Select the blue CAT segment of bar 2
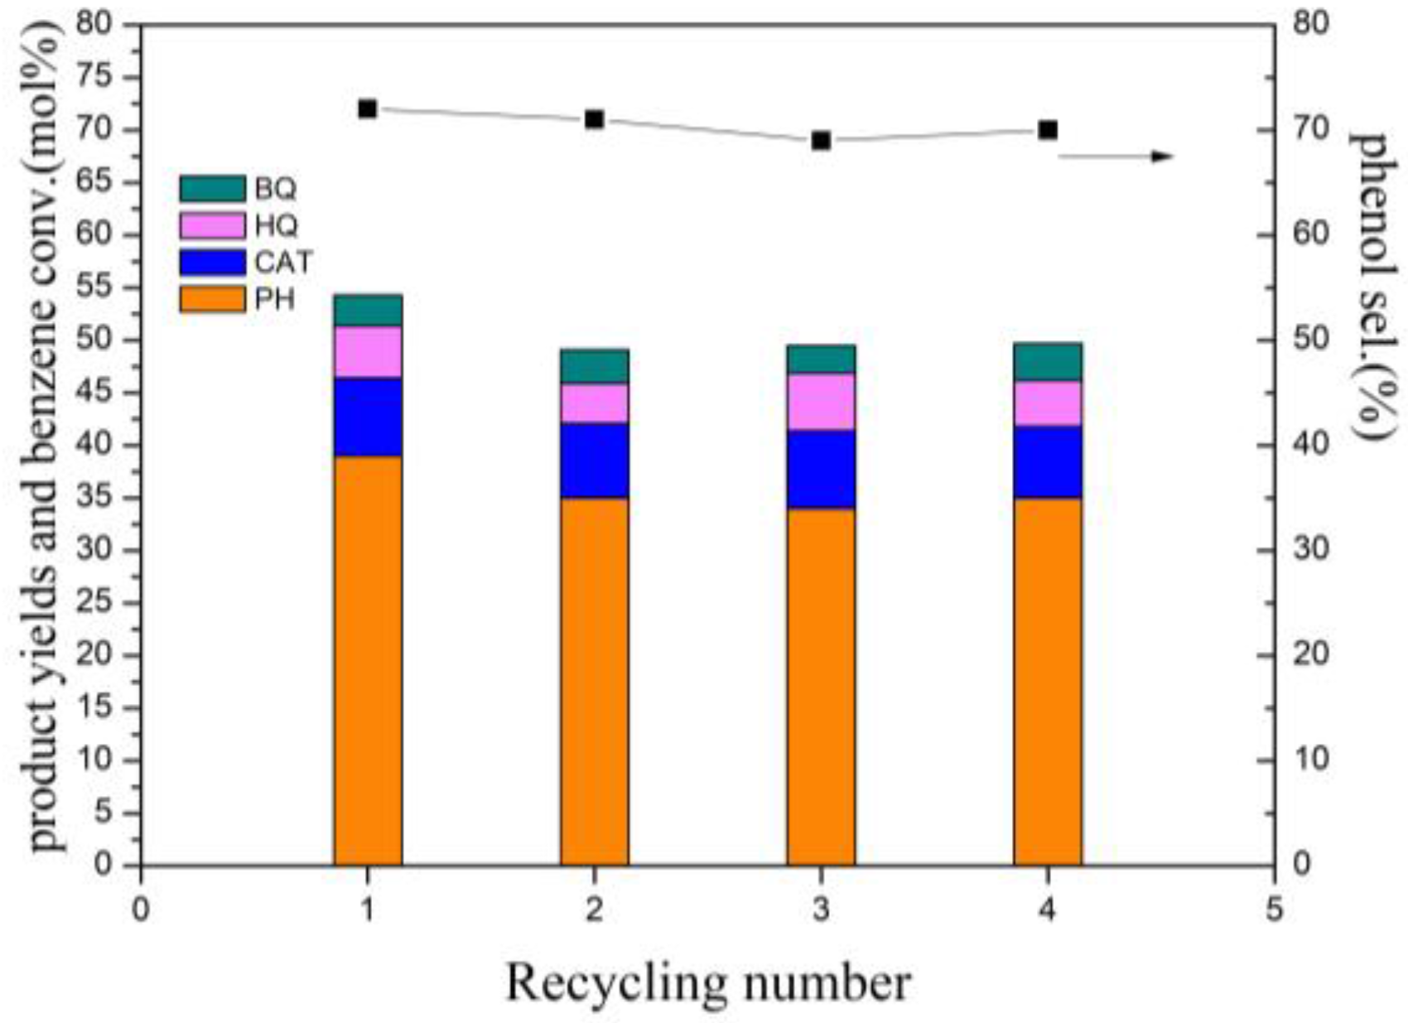595,461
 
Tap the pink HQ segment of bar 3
821,402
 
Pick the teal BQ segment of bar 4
1048,362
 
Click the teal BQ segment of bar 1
368,310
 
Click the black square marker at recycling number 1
368,109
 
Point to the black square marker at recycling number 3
821,141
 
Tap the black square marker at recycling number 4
1048,130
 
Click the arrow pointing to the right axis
1118,156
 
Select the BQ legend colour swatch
212,189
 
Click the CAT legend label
283,263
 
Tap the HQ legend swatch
212,225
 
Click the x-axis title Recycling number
708,983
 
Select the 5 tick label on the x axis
1274,910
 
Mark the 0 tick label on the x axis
142,910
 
